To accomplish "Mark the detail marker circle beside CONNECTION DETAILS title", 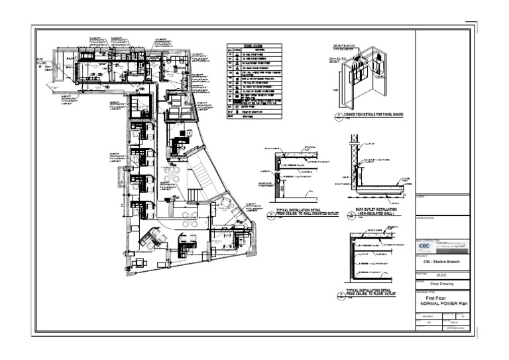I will click(338, 115).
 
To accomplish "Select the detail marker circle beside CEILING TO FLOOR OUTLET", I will click(340, 293).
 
